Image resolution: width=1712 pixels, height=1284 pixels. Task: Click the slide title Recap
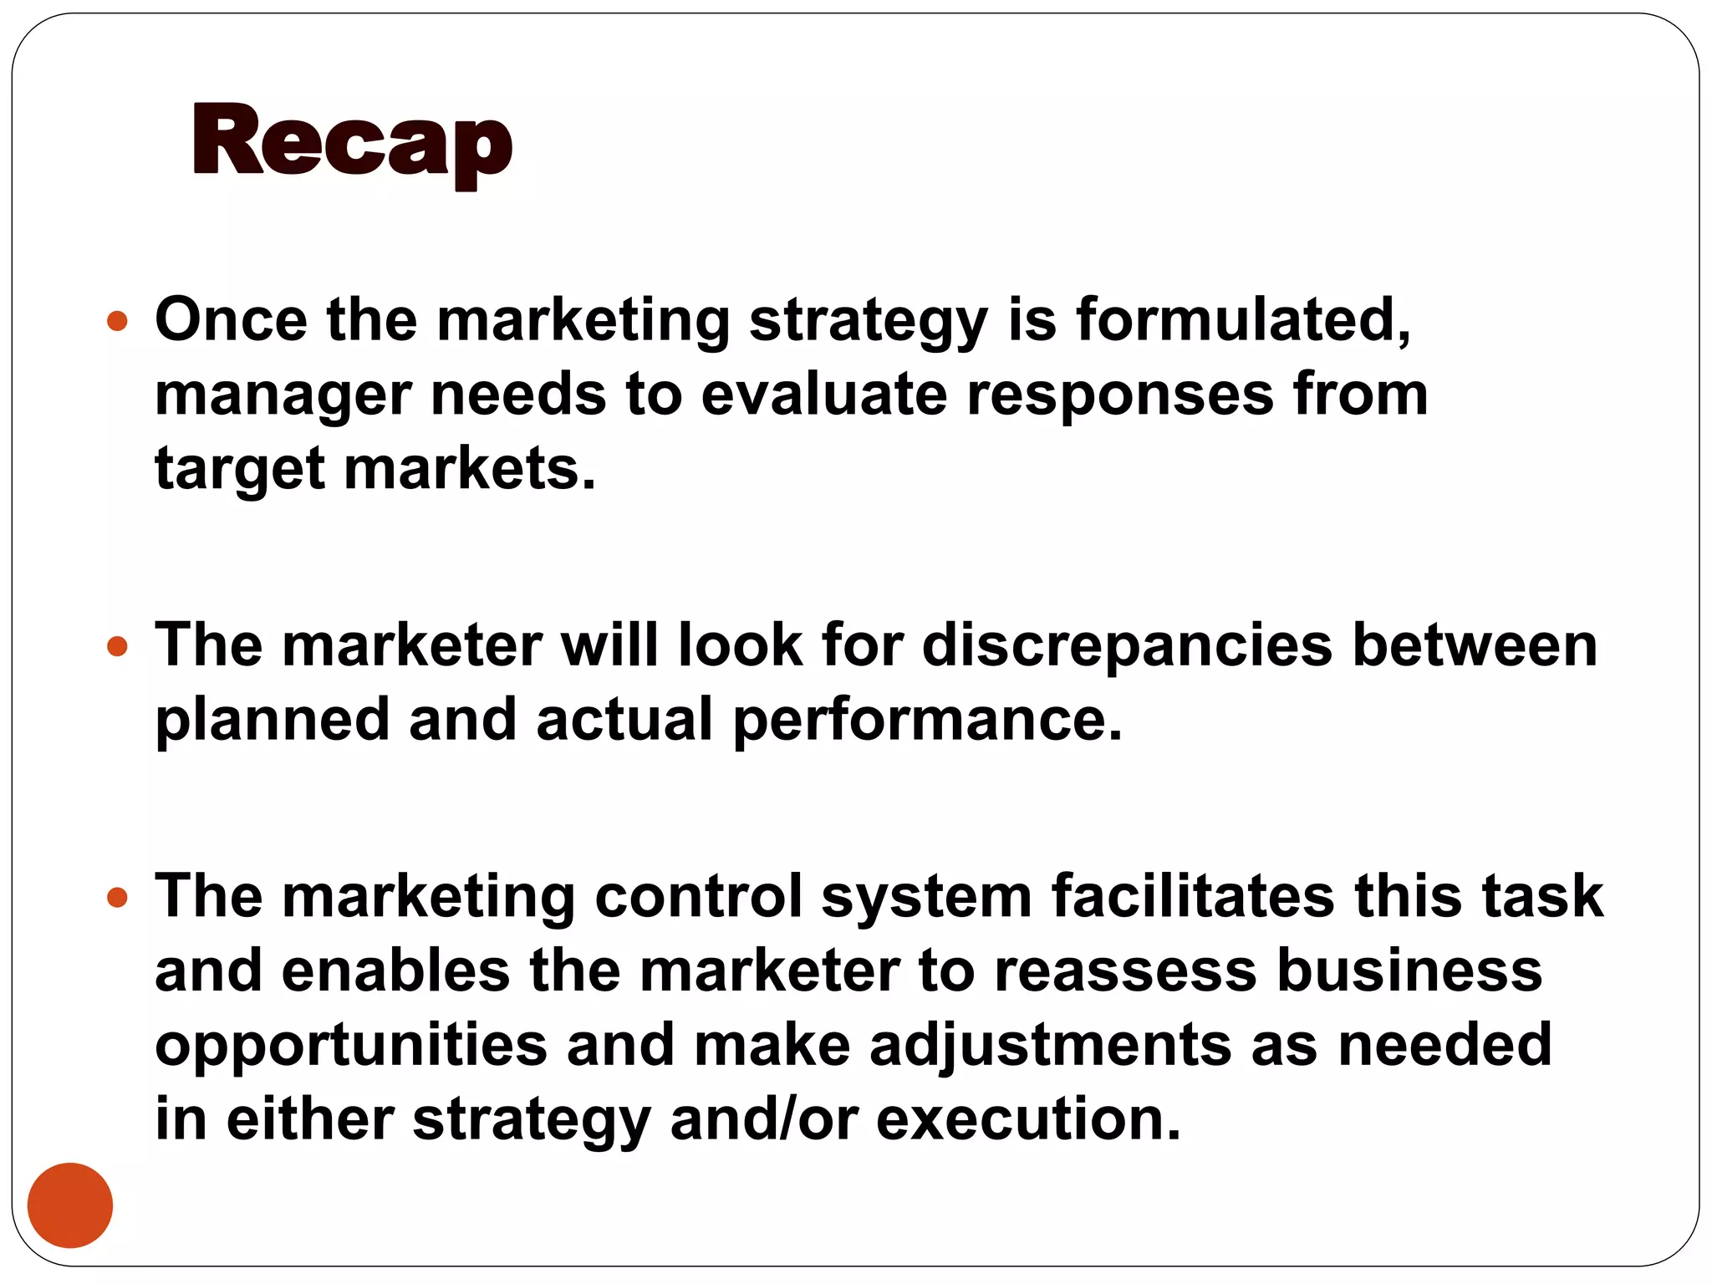pos(352,142)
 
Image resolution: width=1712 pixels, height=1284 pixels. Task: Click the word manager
pos(283,396)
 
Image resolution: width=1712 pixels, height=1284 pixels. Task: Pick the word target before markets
pos(239,470)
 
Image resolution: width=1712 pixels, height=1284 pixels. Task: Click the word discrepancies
pos(1127,647)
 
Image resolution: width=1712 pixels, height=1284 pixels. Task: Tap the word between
pos(1475,645)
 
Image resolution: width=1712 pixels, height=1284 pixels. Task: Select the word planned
pos(273,721)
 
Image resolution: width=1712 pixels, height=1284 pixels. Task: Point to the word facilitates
pos(1193,896)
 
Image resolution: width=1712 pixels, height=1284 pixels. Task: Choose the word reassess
pos(1125,971)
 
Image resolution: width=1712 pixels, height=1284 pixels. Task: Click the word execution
pos(1027,1119)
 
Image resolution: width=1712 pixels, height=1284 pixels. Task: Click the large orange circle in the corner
pos(70,1205)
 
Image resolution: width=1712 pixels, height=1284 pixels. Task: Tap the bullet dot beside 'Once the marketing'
pos(118,321)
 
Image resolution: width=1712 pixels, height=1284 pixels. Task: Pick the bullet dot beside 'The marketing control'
pos(118,898)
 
